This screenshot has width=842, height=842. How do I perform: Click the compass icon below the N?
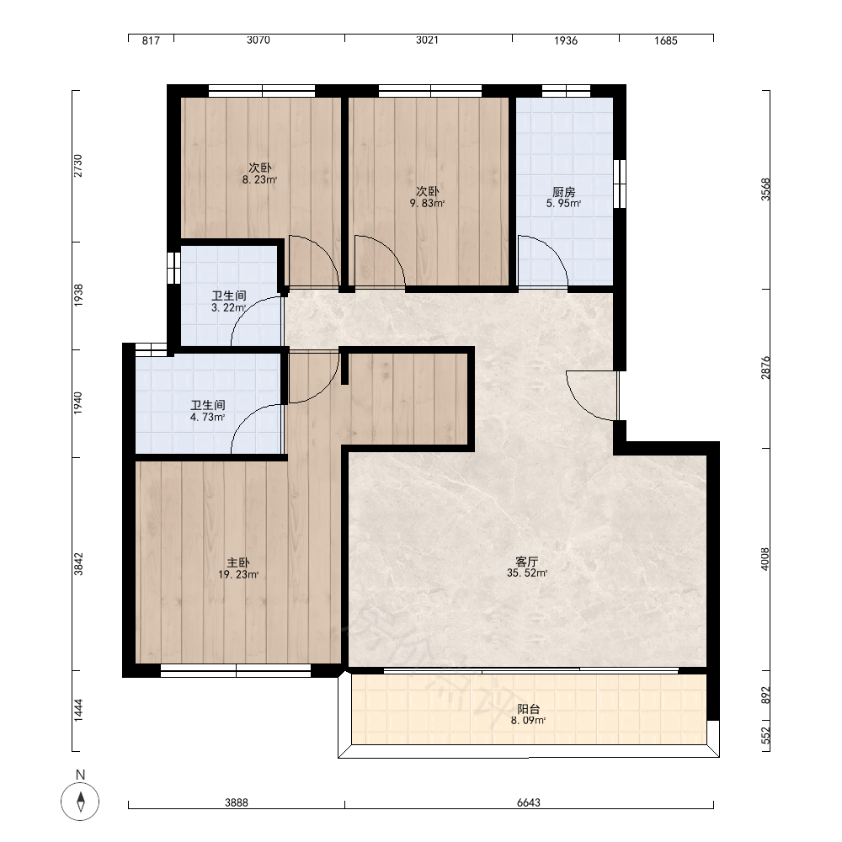(80, 802)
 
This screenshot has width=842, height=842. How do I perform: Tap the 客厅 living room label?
(527, 561)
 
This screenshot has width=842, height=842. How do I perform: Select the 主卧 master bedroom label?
(238, 562)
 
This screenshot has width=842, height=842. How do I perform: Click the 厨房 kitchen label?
(564, 192)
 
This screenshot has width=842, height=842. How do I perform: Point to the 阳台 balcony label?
(529, 709)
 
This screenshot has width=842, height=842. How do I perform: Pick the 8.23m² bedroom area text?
(259, 180)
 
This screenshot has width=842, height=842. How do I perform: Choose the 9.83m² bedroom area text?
(427, 204)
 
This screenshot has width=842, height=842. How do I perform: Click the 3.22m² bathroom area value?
(229, 307)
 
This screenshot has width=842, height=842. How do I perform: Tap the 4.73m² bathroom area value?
(208, 418)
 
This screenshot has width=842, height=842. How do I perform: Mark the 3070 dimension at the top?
(258, 40)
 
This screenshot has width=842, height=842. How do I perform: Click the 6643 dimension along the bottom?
(529, 802)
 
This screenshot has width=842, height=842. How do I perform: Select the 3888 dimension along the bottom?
(237, 802)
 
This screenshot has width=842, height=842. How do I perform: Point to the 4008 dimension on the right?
(765, 559)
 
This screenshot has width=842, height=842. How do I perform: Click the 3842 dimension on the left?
(78, 564)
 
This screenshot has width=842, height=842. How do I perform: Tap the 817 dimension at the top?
(151, 40)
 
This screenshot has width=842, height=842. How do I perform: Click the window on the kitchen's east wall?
(620, 183)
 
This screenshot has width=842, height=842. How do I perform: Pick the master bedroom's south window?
(236, 671)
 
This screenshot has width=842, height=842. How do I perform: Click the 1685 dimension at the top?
(666, 40)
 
